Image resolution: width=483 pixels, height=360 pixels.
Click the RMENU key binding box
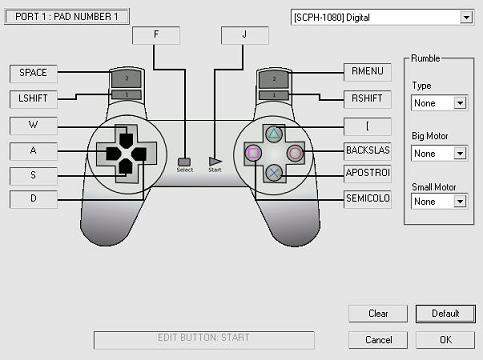click(x=372, y=73)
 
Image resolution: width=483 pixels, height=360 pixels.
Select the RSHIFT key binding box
click(x=372, y=99)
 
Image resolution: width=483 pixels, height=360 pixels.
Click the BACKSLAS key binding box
click(x=372, y=150)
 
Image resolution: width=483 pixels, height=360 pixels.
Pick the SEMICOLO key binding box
click(x=372, y=199)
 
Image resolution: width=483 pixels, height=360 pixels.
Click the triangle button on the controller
click(x=273, y=133)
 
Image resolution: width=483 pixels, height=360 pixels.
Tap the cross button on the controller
click(x=273, y=171)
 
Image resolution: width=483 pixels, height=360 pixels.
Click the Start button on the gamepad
click(x=214, y=160)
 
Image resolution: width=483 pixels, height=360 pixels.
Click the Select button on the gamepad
click(x=184, y=160)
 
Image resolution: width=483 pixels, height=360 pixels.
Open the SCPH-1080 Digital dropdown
click(x=381, y=17)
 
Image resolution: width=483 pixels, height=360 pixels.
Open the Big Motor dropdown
click(x=439, y=154)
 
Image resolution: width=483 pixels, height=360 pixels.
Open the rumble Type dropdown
click(x=439, y=103)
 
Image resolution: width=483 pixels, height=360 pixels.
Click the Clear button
click(x=378, y=314)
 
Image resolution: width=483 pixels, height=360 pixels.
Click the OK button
click(x=445, y=340)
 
